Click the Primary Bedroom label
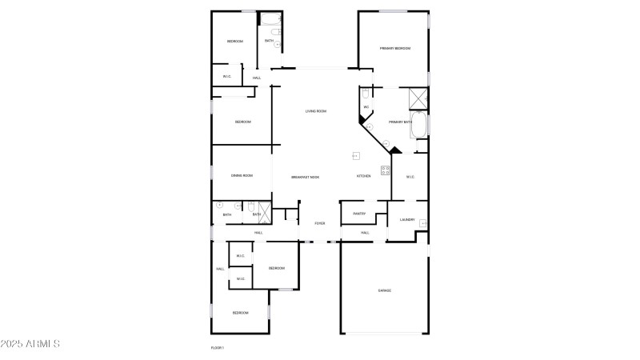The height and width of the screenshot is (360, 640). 395,49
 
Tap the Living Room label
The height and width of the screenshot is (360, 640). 316,111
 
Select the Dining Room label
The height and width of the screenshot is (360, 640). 242,175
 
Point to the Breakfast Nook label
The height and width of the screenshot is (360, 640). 305,176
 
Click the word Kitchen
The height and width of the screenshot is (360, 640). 363,176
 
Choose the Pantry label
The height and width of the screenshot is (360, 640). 359,214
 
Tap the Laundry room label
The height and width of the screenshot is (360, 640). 406,219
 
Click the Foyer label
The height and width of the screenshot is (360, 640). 319,223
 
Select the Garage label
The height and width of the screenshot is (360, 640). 385,290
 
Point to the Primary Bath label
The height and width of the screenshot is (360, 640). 400,122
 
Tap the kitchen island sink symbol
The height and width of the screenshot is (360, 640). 355,155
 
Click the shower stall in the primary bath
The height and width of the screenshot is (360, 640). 418,98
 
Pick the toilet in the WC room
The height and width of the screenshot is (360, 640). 365,94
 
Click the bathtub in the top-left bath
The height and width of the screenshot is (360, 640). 270,21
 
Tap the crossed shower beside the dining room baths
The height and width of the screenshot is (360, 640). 266,210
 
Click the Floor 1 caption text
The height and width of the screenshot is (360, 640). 217,348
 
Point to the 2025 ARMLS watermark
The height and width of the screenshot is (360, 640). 30,344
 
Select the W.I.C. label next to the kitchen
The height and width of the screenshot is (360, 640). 410,177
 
